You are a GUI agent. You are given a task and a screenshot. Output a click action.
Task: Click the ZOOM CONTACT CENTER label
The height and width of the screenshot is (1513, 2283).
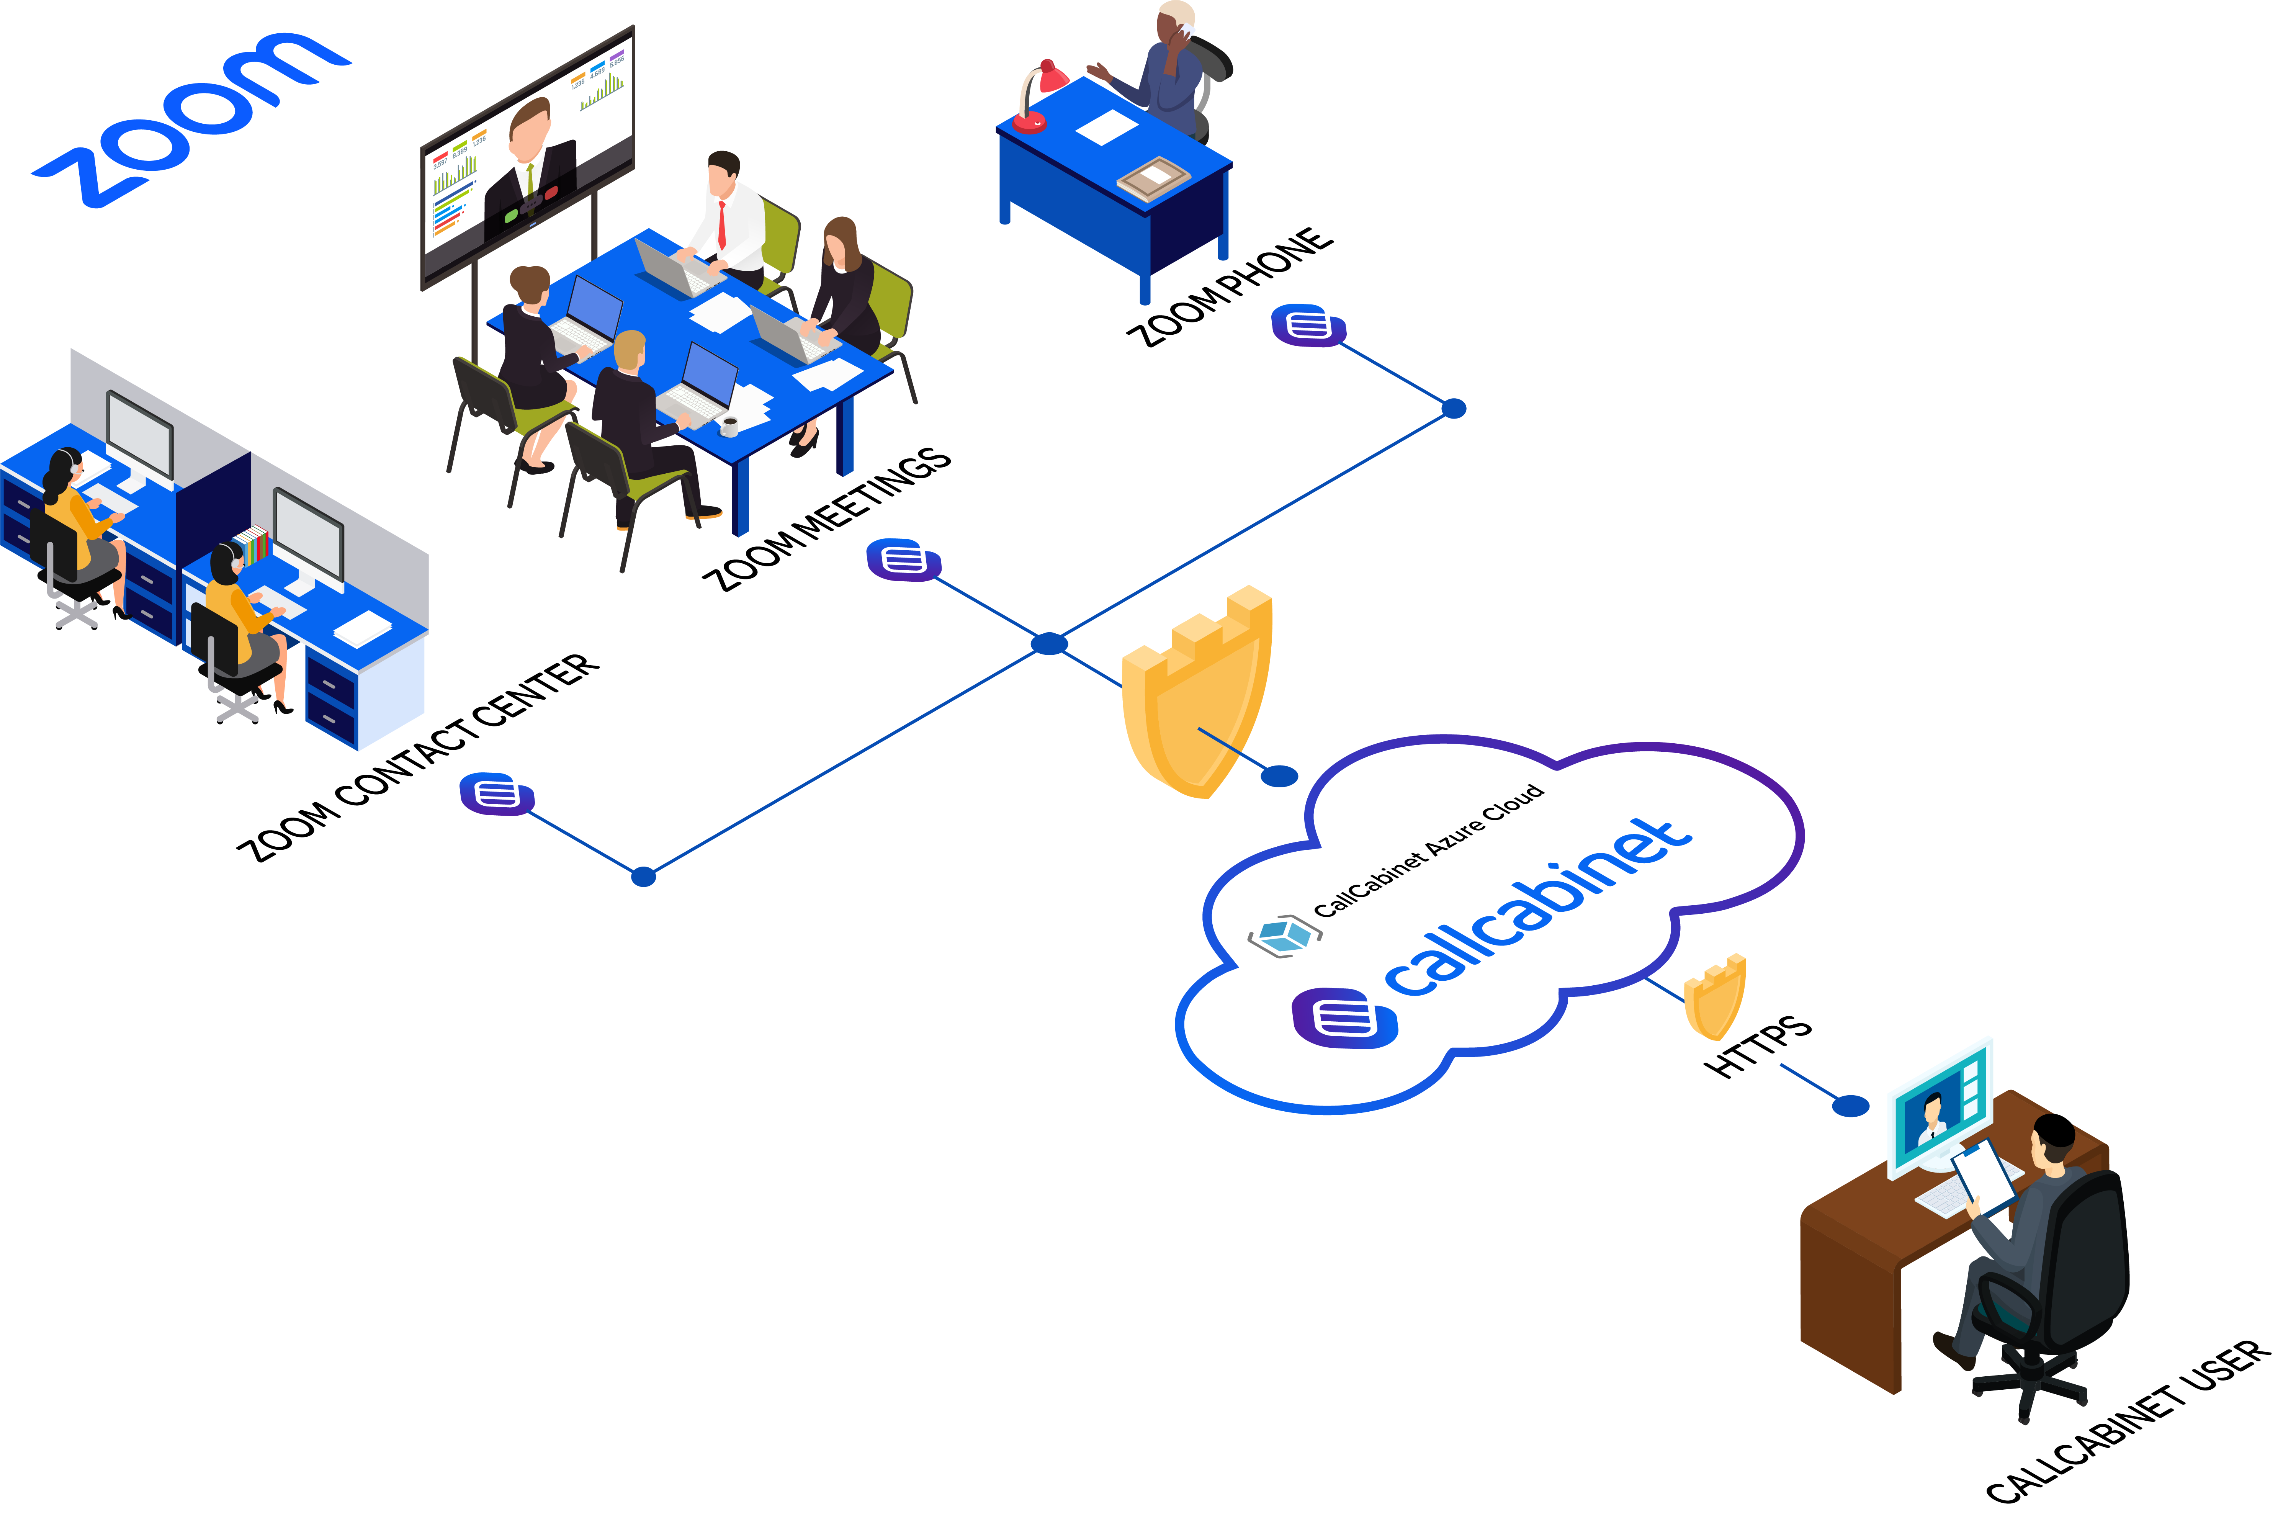(418, 757)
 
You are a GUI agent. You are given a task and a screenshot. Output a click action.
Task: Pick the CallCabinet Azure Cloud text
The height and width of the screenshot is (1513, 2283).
(1428, 849)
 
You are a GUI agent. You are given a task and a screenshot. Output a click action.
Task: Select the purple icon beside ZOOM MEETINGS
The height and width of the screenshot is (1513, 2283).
(903, 559)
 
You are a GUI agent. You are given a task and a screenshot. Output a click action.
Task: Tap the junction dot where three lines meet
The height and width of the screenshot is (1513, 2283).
(1049, 644)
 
